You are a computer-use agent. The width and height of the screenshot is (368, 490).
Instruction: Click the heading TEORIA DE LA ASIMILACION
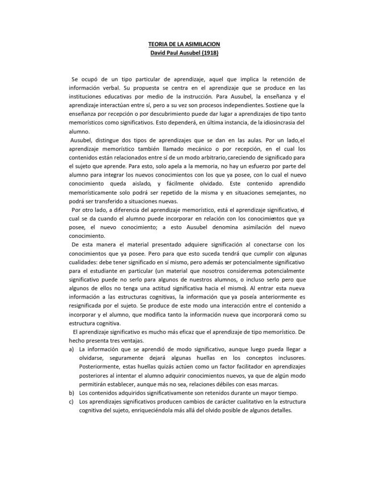[184, 44]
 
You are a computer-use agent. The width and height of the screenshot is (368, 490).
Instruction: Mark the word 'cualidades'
[80, 262]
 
